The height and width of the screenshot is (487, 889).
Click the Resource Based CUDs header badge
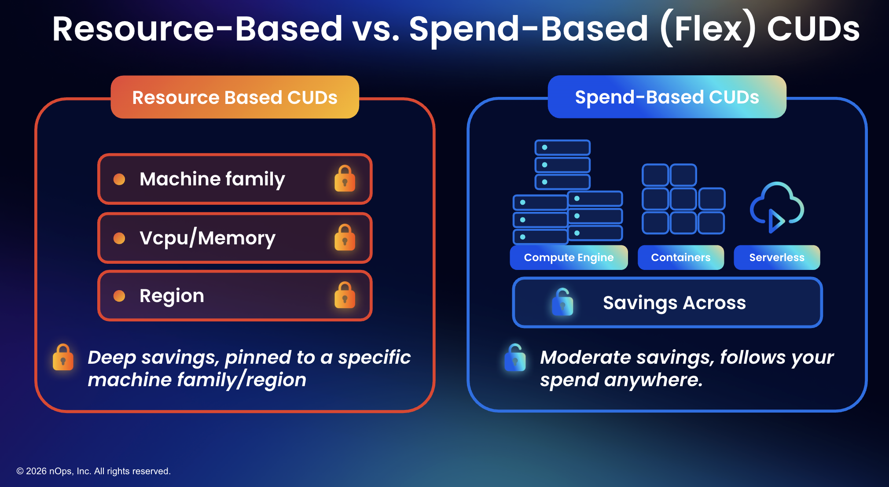pos(235,97)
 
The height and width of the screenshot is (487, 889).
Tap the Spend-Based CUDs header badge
pos(667,97)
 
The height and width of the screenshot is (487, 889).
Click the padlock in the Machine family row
pos(345,179)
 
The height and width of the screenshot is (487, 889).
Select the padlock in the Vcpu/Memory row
pos(345,238)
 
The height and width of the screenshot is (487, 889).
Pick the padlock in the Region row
pos(345,295)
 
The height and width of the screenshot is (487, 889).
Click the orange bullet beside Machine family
pos(119,179)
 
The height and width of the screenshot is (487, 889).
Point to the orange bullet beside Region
pos(119,296)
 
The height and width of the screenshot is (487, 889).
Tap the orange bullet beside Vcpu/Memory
pos(119,238)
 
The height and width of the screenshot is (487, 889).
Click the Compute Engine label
pos(569,258)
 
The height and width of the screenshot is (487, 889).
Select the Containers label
pos(680,258)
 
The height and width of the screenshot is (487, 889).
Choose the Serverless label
pos(777,258)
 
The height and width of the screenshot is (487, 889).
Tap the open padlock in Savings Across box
pos(562,303)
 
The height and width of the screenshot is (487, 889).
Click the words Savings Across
pos(674,303)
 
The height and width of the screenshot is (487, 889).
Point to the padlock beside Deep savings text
pos(63,358)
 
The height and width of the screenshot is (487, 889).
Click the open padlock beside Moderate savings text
pos(515,358)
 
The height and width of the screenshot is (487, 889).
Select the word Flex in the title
pos(708,29)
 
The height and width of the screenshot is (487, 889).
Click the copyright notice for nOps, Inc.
pos(93,471)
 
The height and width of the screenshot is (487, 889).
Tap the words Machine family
pos(212,179)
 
